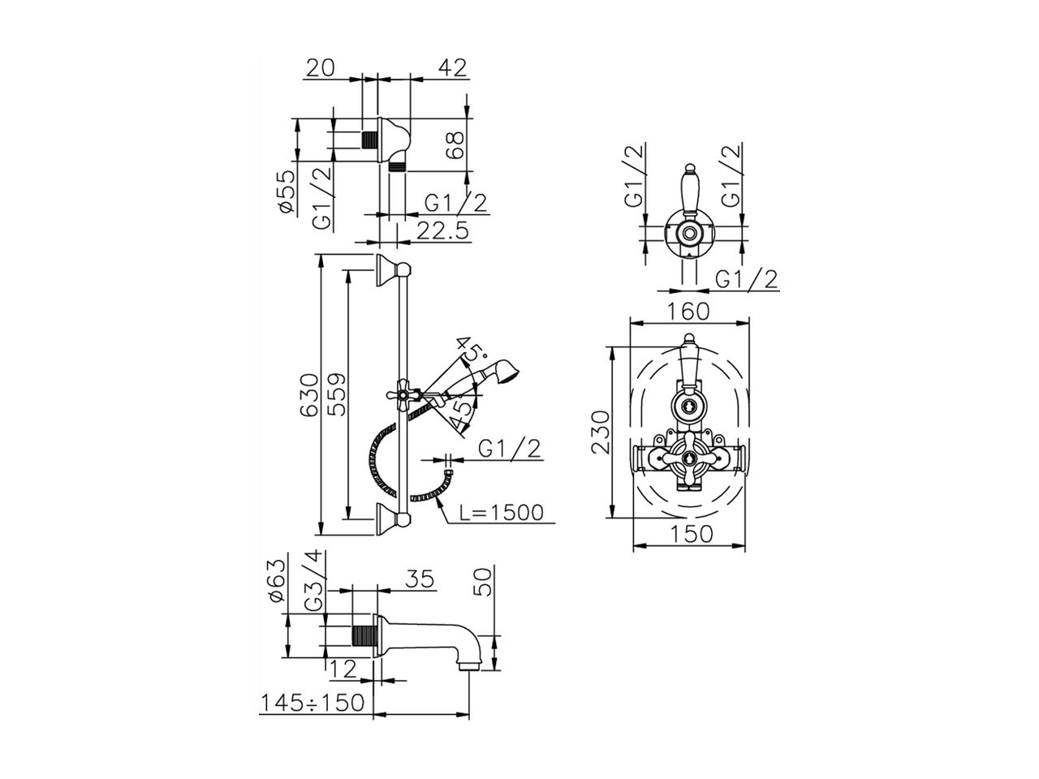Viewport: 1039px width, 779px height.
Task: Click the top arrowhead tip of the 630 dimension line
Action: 321,255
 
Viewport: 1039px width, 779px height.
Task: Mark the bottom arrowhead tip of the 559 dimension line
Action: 349,519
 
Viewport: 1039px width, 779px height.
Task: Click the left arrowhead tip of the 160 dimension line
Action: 630,323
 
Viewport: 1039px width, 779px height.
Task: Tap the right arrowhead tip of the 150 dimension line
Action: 745,545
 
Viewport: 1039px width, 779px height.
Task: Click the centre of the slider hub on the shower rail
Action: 403,394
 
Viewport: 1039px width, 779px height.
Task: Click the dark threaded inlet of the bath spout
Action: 364,635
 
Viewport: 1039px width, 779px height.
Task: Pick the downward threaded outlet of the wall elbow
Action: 397,167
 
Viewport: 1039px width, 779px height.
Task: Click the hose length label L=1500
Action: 502,513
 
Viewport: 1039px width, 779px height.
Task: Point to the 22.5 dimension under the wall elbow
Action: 442,231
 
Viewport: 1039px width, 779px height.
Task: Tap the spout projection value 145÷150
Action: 313,703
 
